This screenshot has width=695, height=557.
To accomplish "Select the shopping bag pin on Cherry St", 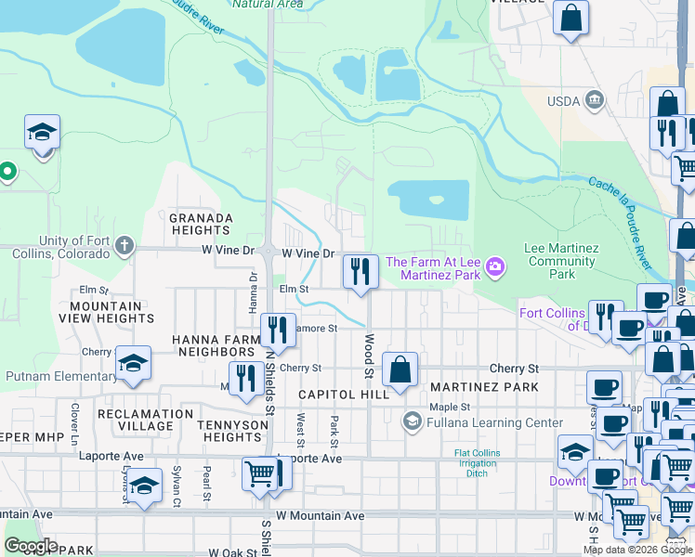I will point(400,369).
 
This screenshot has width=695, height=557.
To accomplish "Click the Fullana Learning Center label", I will point(482,422).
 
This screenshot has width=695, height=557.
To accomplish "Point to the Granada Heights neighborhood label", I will point(201,224).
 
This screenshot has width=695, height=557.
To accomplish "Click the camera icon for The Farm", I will point(495,268).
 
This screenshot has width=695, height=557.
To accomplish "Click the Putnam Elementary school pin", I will point(134,365).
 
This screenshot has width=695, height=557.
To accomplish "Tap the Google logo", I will point(31,546).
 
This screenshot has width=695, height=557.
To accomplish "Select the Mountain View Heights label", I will point(106,312).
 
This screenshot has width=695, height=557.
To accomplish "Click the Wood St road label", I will point(370,356).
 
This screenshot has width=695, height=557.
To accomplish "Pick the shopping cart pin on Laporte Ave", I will point(260,473).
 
